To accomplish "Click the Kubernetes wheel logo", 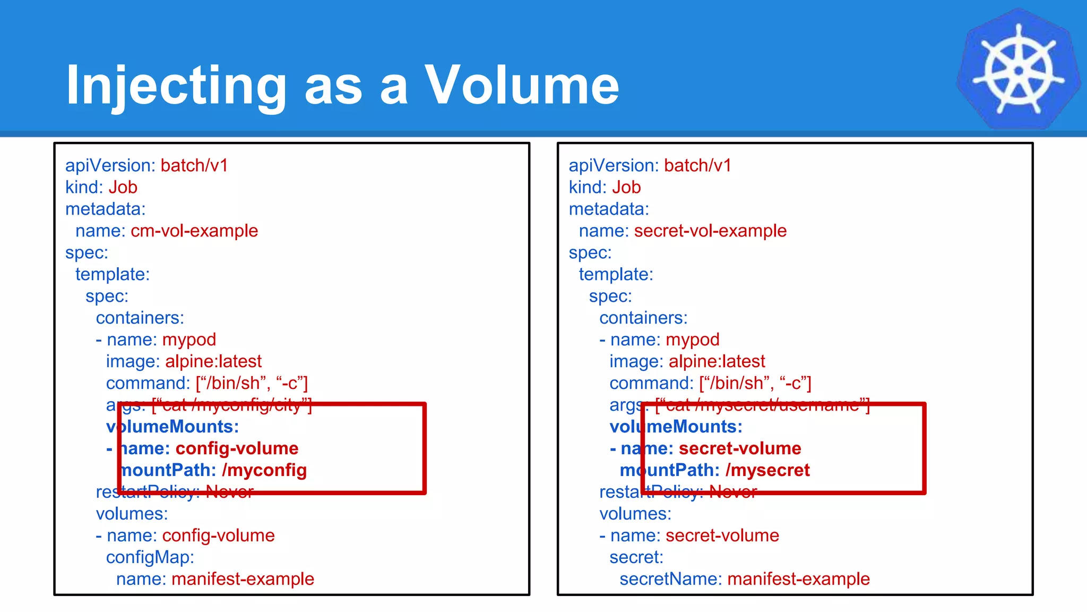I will pyautogui.click(x=1018, y=69).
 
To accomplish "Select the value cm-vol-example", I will pyautogui.click(x=194, y=231).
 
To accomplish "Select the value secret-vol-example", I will pyautogui.click(x=710, y=231).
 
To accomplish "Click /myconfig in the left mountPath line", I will pyautogui.click(x=264, y=470).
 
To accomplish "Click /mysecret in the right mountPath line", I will pyautogui.click(x=767, y=470).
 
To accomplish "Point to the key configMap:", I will pyautogui.click(x=150, y=557).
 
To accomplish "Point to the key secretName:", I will pyautogui.click(x=670, y=579).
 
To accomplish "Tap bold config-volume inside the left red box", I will pyautogui.click(x=237, y=448).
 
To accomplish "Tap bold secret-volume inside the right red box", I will pyautogui.click(x=740, y=448).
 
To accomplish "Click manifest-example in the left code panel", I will pyautogui.click(x=243, y=579).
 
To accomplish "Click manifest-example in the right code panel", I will pyautogui.click(x=798, y=579).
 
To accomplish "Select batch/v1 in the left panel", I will pyautogui.click(x=194, y=166).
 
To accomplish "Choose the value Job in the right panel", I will pyautogui.click(x=626, y=188).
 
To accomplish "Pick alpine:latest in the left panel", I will pyautogui.click(x=213, y=362).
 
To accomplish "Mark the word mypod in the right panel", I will pyautogui.click(x=693, y=340).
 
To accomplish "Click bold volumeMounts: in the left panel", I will pyautogui.click(x=172, y=427).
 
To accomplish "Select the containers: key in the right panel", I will pyautogui.click(x=643, y=318).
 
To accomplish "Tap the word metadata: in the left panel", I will pyautogui.click(x=105, y=209).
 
